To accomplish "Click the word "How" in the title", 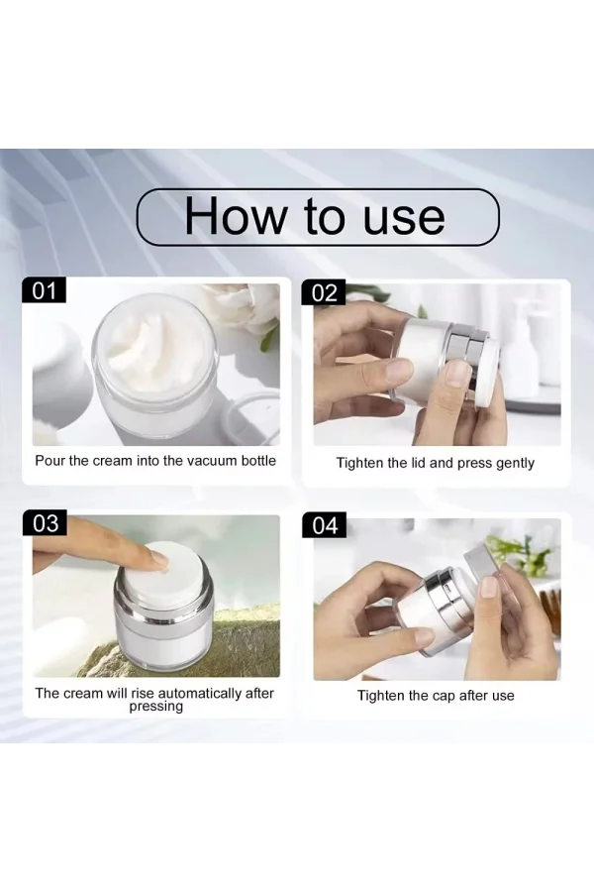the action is click(x=237, y=216).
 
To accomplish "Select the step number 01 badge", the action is click(x=44, y=290).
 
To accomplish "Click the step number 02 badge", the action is click(x=324, y=292).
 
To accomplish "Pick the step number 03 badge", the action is click(x=45, y=522).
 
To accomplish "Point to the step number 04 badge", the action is click(x=325, y=525).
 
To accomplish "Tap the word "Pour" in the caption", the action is click(x=50, y=461).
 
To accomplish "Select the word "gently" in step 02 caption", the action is click(x=515, y=464).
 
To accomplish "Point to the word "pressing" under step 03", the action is click(x=156, y=707).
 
